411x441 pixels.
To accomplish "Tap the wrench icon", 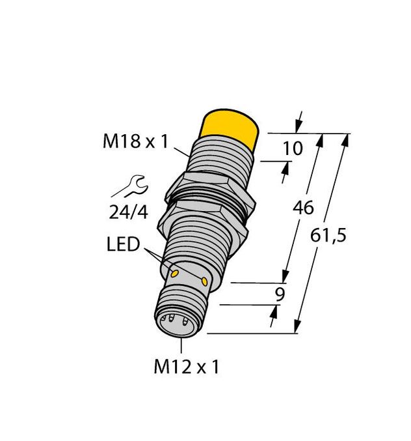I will point(130,187).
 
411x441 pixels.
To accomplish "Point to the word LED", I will point(123,246).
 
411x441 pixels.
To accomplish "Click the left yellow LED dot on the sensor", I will point(174,269).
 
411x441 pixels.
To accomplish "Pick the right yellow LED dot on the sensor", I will point(205,281).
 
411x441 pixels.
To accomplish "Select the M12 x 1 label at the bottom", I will point(187,367).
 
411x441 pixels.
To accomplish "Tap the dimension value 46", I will point(304,208).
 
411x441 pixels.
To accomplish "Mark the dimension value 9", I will point(280,294).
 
